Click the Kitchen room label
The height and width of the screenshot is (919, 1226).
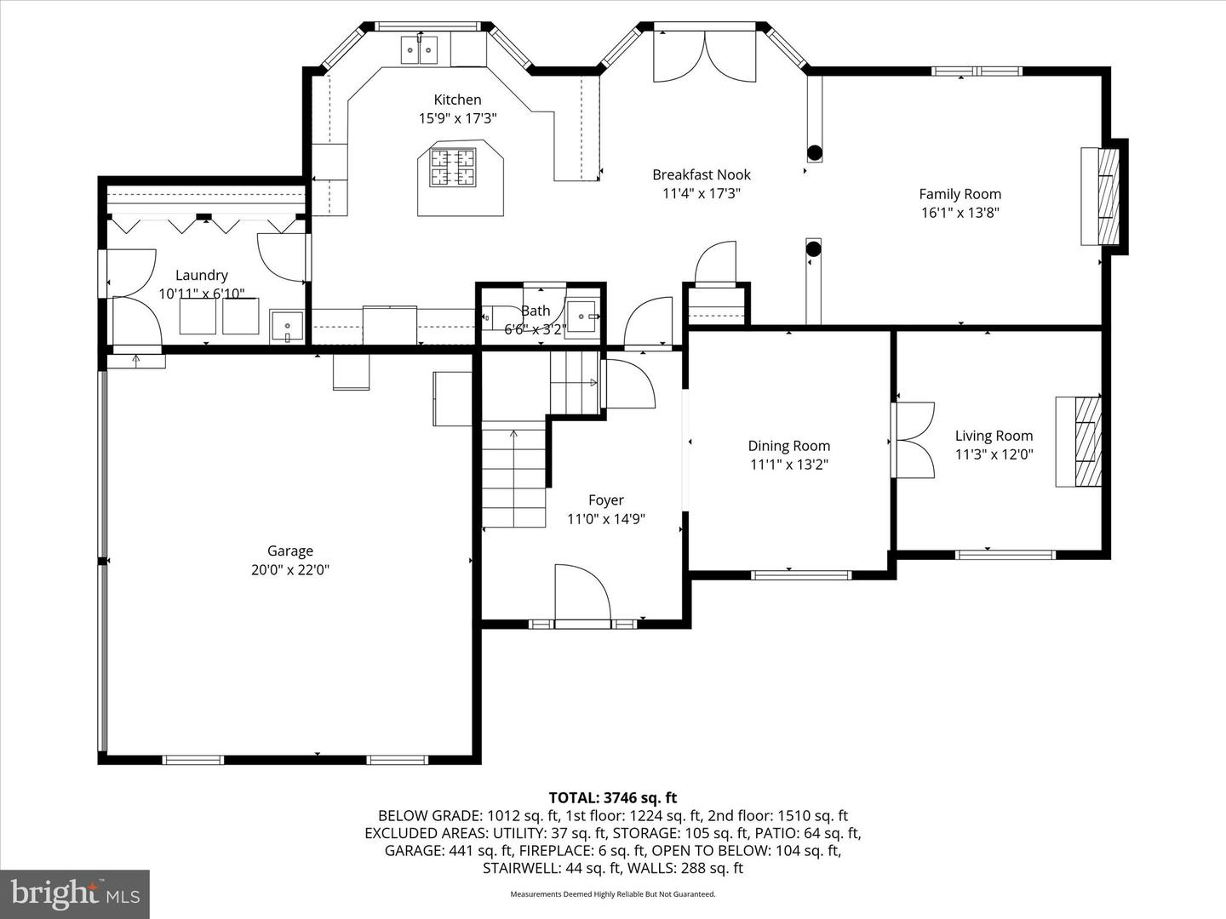[x=457, y=100]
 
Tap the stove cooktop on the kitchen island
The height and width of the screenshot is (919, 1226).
[x=453, y=167]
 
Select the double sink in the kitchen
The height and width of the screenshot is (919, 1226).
[x=420, y=51]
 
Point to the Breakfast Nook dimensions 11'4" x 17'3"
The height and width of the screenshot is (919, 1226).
[x=702, y=193]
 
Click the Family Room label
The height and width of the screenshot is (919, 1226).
[x=960, y=194]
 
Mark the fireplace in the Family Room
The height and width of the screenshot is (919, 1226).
[x=1100, y=197]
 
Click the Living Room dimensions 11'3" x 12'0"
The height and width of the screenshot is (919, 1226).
[x=994, y=454]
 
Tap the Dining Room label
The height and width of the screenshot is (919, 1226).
[x=788, y=445]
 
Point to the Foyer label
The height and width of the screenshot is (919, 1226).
[x=605, y=500]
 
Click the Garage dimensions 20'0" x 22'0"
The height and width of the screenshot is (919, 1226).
[x=289, y=570]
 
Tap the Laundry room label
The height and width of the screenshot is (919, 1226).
[x=202, y=275]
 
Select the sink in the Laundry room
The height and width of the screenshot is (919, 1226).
[x=287, y=327]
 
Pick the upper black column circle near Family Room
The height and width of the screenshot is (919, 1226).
[x=814, y=153]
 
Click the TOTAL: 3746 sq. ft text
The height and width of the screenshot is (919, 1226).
[x=612, y=797]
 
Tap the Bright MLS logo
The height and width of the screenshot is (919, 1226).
[x=75, y=893]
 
